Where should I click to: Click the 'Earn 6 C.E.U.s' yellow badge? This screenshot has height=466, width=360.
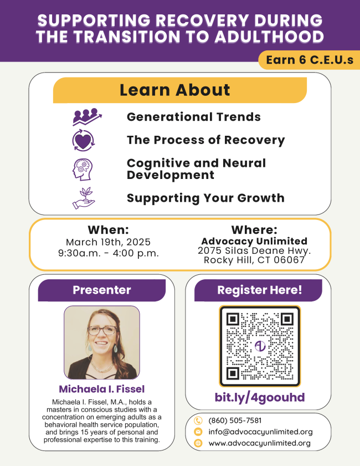coord(309,60)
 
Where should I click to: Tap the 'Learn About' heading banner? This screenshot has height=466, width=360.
coord(180,90)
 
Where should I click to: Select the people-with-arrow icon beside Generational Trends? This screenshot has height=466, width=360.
coord(87,117)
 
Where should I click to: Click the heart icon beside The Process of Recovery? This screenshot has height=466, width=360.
coord(83,140)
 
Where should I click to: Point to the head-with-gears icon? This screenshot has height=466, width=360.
coord(83,170)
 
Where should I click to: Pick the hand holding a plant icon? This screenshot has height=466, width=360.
coord(84,198)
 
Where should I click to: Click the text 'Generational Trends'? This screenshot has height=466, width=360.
coord(194,117)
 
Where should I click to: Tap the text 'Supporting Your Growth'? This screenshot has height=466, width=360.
coord(205,198)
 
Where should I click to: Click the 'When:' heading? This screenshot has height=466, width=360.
coord(109,230)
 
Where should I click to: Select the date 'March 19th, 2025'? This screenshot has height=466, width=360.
coord(109,242)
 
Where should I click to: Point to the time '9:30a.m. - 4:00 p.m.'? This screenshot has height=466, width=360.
coord(109,253)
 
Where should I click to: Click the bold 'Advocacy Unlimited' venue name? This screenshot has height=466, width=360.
coord(254,240)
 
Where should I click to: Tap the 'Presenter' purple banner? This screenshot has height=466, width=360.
coord(101,290)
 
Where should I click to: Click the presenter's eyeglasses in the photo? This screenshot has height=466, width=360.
coord(102,330)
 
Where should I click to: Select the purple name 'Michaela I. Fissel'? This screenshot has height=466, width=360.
coord(101,389)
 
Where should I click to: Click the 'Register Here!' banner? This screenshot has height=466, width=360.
coord(258,290)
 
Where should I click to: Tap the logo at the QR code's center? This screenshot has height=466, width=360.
coord(260,346)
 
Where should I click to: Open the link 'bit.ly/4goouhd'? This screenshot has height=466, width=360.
coord(260,397)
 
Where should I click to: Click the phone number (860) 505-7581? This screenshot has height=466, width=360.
coord(235,421)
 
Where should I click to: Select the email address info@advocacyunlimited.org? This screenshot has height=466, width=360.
coord(260,432)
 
